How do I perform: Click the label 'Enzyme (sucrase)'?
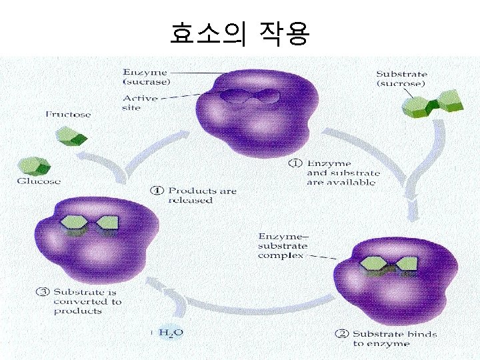coord(145,77)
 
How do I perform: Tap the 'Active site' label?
coord(140,103)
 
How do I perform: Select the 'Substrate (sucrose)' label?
coord(401,79)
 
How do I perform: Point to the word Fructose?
coord(68,115)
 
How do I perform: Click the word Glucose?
coord(39,181)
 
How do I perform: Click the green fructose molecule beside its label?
coord(71,137)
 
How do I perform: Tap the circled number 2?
coord(341,334)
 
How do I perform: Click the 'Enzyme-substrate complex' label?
coord(281,245)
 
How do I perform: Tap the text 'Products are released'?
coord(201,195)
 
